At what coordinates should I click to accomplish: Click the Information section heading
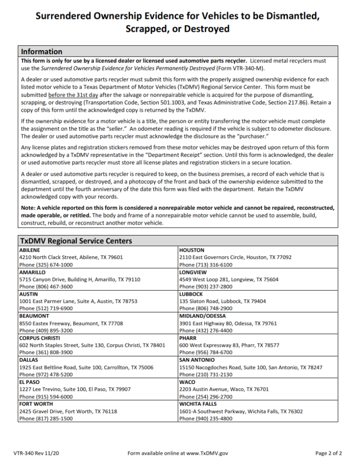coord(42,51)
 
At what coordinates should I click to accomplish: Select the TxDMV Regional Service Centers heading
coord(76,241)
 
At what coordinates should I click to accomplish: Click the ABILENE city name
coord(29,250)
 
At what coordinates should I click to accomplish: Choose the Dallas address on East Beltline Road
coord(86,368)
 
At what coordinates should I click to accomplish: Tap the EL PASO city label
coord(29,382)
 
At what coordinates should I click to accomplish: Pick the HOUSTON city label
coord(192,250)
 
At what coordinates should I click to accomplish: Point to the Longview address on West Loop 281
coord(229,279)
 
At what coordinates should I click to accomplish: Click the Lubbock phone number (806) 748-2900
coord(206,309)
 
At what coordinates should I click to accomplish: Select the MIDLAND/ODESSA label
coord(203,316)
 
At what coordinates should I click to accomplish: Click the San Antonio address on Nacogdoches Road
coord(251,368)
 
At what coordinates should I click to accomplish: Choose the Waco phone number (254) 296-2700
coord(206,397)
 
